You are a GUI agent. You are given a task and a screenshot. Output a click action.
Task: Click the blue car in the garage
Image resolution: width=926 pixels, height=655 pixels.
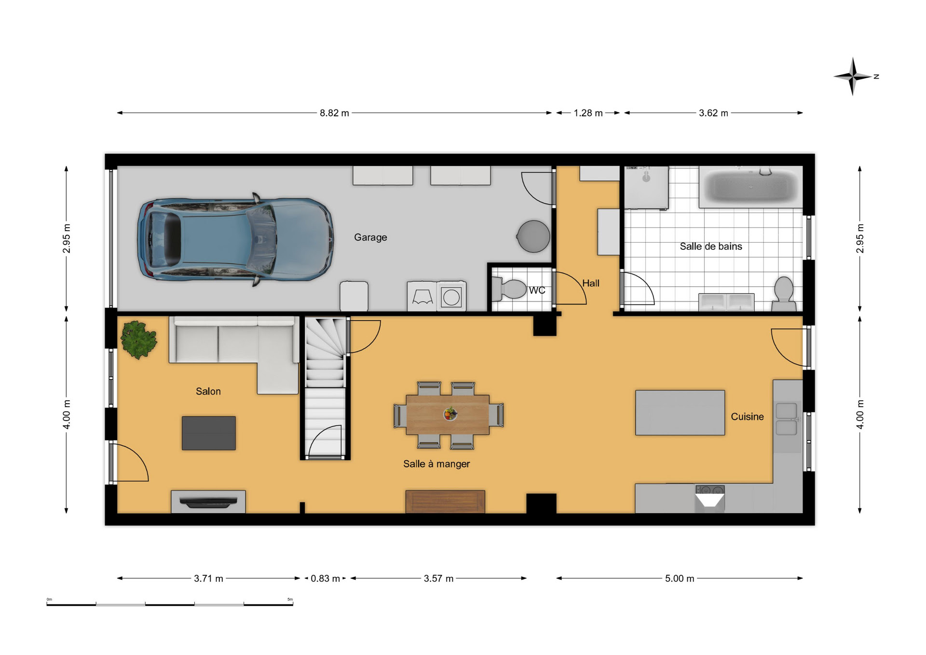[x=235, y=239]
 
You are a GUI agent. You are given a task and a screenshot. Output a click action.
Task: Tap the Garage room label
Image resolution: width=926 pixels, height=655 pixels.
[x=370, y=237]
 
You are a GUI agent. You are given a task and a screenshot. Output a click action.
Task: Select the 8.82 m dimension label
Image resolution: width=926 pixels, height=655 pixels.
[x=334, y=113]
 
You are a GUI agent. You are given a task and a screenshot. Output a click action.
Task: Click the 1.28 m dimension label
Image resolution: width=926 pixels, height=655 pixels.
[x=588, y=113]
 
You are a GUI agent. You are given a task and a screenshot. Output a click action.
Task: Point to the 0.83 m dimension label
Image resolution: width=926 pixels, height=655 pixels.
[x=325, y=578]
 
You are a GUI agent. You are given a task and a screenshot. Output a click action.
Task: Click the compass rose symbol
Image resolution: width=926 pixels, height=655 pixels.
[x=853, y=76]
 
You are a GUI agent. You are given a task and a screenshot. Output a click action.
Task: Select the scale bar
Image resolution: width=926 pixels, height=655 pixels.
[x=170, y=603]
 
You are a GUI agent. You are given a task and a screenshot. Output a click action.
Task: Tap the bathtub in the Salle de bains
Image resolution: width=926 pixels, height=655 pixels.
[x=750, y=187]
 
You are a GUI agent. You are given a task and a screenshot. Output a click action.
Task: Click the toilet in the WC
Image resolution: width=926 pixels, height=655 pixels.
[x=509, y=289]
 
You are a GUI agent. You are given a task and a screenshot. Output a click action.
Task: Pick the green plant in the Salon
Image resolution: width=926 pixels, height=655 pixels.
[x=138, y=340]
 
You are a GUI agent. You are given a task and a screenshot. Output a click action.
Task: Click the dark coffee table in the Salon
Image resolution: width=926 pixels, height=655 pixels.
[x=209, y=433]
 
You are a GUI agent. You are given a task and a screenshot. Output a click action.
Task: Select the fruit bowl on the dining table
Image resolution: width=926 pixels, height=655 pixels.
[x=450, y=414]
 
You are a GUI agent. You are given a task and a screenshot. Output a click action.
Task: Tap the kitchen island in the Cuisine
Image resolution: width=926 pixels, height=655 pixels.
[x=680, y=413]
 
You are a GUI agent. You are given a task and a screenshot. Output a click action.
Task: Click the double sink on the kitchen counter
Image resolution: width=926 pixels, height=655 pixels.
[x=787, y=419]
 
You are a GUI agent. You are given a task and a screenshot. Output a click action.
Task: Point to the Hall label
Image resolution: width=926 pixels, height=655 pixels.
[x=591, y=283]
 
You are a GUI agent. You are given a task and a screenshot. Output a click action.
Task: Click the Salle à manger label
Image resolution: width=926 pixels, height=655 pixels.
[x=436, y=464]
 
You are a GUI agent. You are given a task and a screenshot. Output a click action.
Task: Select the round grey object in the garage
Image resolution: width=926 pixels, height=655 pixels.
[x=533, y=236]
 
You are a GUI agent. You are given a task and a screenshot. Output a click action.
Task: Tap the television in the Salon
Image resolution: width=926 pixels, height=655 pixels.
[x=208, y=503]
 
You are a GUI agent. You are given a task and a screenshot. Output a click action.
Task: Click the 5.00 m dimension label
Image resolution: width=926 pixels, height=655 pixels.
[x=680, y=578]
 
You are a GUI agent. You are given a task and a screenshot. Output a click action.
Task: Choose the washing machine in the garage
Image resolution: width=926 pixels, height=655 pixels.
[x=451, y=297]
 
